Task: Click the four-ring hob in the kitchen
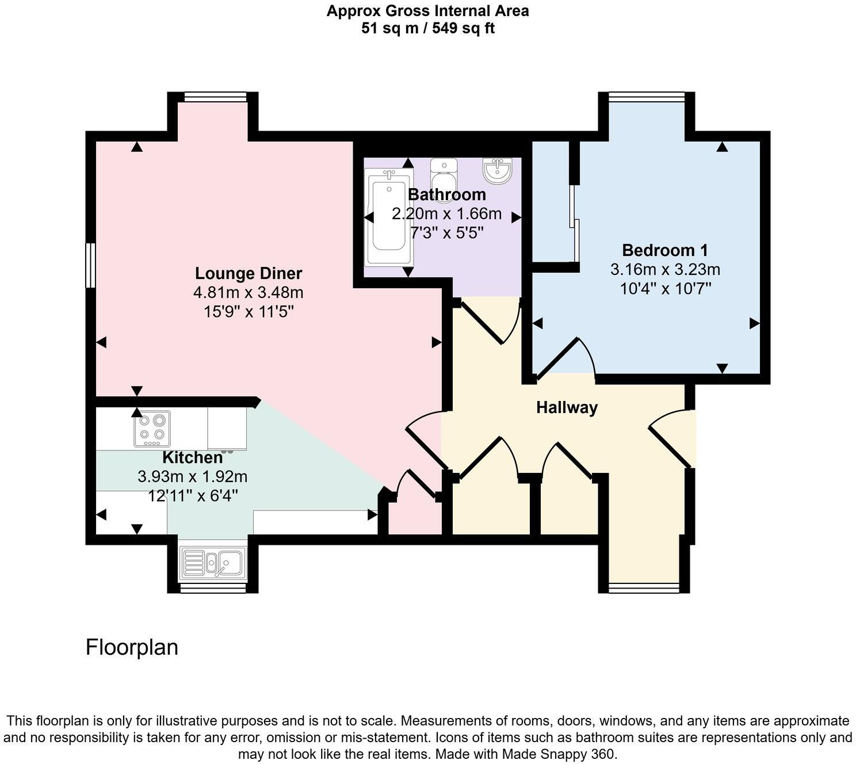pyautogui.click(x=152, y=429)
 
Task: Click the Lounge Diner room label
pyautogui.click(x=249, y=273)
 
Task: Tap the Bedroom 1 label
pyautogui.click(x=665, y=250)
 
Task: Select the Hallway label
pyautogui.click(x=567, y=407)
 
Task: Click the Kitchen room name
pyautogui.click(x=192, y=457)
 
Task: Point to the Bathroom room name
pyautogui.click(x=446, y=194)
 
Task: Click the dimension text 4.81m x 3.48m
pyautogui.click(x=249, y=293)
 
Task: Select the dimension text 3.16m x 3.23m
pyautogui.click(x=665, y=269)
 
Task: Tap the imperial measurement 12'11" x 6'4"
pyautogui.click(x=193, y=495)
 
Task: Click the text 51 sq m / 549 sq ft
pyautogui.click(x=427, y=28)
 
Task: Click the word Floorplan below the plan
pyautogui.click(x=132, y=647)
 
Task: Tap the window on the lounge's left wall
pyautogui.click(x=90, y=265)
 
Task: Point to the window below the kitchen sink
pyautogui.click(x=213, y=587)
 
